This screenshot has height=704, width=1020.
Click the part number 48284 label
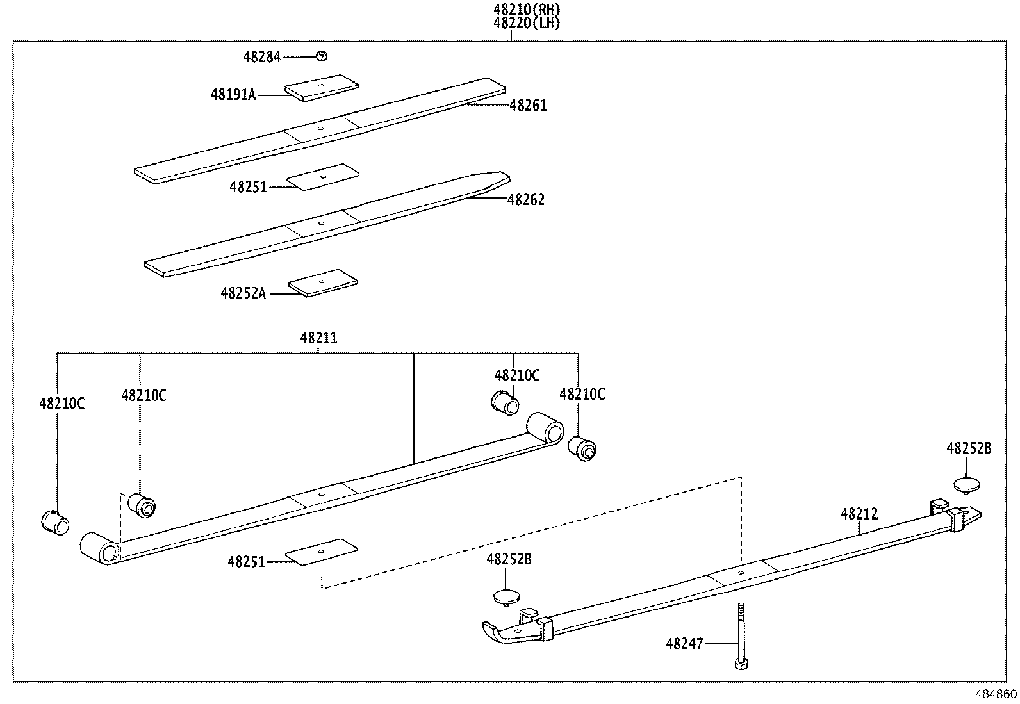pos(261,57)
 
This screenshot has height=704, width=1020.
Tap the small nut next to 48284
pos(322,56)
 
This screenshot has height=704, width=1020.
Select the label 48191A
pos(233,95)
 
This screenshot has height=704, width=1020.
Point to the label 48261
pos(528,106)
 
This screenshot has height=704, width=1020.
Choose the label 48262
pos(526,200)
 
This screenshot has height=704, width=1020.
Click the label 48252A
pos(243,293)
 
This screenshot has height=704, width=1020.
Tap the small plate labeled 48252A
pos(323,282)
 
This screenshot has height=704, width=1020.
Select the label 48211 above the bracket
pos(318,338)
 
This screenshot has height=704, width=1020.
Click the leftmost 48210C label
pos(62,404)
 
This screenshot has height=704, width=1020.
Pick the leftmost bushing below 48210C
pos(55,522)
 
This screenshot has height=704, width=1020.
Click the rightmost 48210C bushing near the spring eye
pos(582,448)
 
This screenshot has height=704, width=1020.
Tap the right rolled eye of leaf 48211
pos(545,427)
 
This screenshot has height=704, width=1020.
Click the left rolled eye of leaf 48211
pos(99,548)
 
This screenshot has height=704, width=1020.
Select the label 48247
pos(684,643)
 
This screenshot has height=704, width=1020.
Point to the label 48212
pos(859,514)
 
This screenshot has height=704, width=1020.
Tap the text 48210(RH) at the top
pos(527,10)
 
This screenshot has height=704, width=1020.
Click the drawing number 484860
pos(996,694)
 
